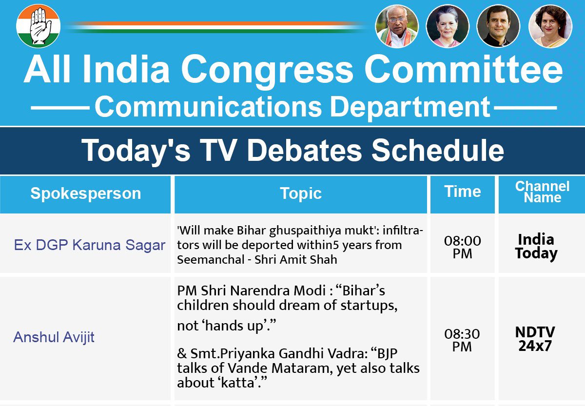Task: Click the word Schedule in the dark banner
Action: [x=437, y=150]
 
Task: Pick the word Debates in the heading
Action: [x=308, y=150]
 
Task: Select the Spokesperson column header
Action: [x=85, y=193]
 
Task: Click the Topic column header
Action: [x=301, y=193]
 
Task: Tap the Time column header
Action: [x=462, y=192]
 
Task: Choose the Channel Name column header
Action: [x=542, y=192]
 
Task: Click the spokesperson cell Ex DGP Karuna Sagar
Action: [x=89, y=245]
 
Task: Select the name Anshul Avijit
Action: [x=54, y=337]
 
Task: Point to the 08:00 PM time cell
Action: [x=462, y=247]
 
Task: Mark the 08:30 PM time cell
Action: [x=462, y=340]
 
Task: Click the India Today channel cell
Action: [x=536, y=246]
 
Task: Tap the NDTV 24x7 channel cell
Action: [x=535, y=339]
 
